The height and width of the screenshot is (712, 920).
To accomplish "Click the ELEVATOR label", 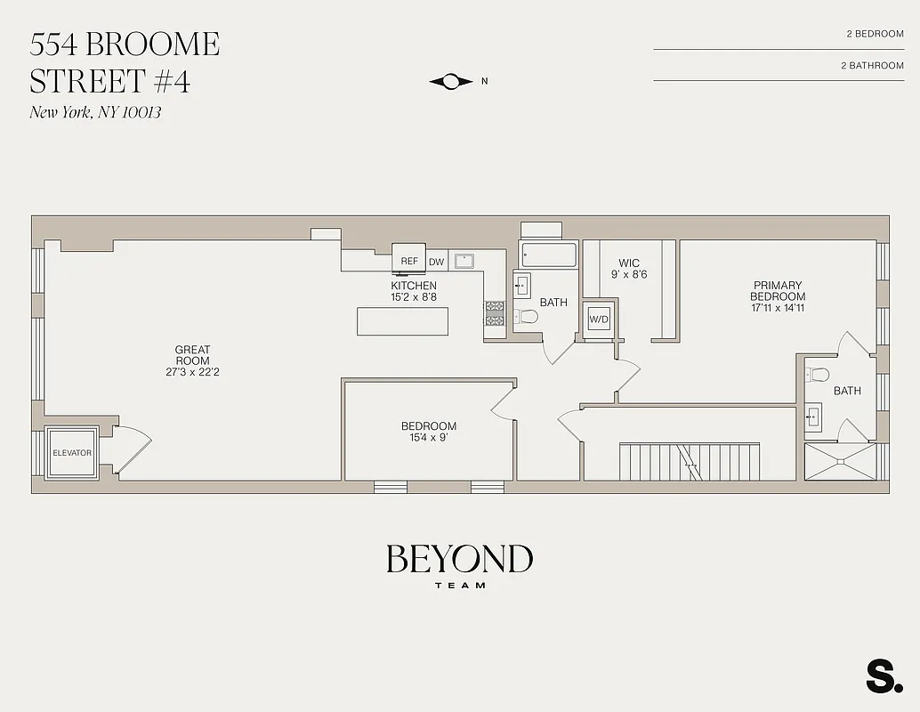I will click(x=72, y=453).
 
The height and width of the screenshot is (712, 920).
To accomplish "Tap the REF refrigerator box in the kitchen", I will click(x=409, y=261).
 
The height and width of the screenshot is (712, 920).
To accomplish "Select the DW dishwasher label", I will click(x=436, y=262).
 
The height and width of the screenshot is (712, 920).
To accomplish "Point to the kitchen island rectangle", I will click(x=403, y=320).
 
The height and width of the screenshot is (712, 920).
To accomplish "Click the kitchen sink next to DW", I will click(x=464, y=261).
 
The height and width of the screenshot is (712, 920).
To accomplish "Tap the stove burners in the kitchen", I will click(x=494, y=313).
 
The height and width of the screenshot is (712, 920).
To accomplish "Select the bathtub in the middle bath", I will click(x=549, y=255).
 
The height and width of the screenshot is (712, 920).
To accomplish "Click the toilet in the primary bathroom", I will click(x=817, y=375).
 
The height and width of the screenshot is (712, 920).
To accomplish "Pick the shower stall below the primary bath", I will click(x=840, y=461).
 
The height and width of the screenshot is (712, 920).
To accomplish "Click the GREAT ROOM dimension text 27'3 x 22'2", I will click(x=192, y=372).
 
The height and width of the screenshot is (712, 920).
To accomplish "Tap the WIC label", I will click(x=629, y=263).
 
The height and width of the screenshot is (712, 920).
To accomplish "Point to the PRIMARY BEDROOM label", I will click(x=778, y=291).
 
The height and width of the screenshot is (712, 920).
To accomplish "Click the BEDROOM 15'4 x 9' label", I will click(x=429, y=432).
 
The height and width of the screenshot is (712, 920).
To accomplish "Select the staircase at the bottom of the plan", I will click(x=690, y=460).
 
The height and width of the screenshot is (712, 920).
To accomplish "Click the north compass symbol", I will click(x=452, y=81).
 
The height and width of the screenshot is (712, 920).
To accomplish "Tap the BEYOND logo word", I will click(x=459, y=559).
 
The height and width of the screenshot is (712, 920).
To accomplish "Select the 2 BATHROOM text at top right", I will click(x=872, y=65).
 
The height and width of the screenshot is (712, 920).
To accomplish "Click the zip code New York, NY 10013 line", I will click(x=95, y=112).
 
